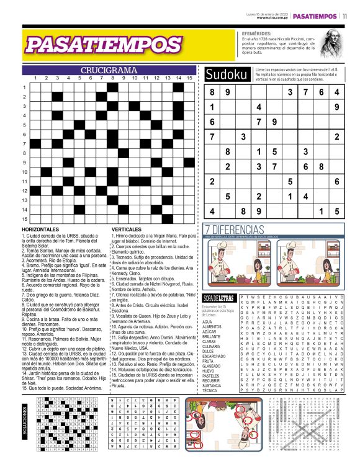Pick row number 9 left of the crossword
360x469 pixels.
(x=24, y=162)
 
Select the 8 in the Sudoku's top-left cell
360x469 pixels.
(x=212, y=92)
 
